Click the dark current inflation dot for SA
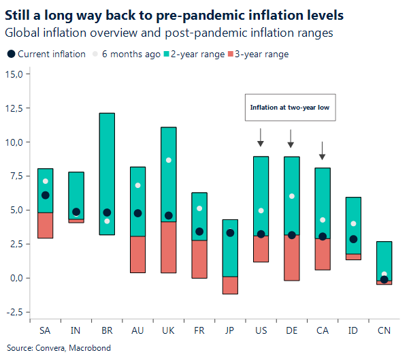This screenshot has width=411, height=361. (x=46, y=195)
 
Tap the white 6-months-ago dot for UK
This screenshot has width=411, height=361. (x=169, y=160)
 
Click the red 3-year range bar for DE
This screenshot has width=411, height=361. (x=291, y=257)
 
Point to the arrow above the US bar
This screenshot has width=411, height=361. (x=260, y=137)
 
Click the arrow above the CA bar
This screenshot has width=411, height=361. (x=323, y=151)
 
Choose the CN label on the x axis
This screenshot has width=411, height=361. (x=384, y=330)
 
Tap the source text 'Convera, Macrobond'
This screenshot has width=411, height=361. (x=69, y=347)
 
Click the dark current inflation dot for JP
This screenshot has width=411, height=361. (x=230, y=233)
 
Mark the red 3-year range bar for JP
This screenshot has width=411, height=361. (x=230, y=285)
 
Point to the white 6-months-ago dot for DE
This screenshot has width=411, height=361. (x=291, y=196)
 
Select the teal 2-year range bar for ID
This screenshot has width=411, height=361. (x=353, y=218)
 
